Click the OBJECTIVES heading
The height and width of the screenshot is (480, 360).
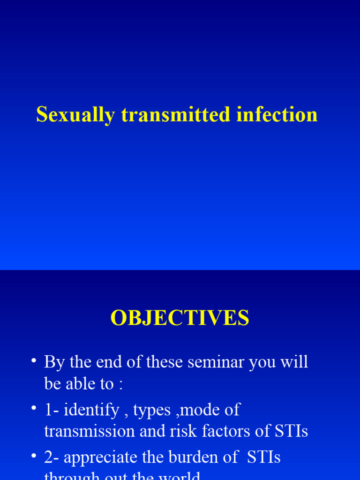180,319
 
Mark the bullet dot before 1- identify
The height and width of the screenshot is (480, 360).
33,409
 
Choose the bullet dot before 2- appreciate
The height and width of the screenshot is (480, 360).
33,457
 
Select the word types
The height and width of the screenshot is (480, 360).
151,411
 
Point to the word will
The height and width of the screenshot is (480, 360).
294,362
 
